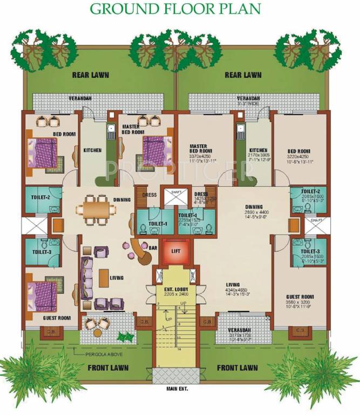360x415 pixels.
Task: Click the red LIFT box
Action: [x=174, y=252]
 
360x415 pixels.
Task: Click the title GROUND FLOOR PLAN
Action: [x=175, y=9]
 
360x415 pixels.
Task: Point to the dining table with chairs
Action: [x=96, y=207]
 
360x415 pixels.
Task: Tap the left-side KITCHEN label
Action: [x=92, y=150]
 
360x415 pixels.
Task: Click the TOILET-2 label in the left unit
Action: [x=40, y=197]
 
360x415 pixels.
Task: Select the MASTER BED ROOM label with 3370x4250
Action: [x=202, y=150]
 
